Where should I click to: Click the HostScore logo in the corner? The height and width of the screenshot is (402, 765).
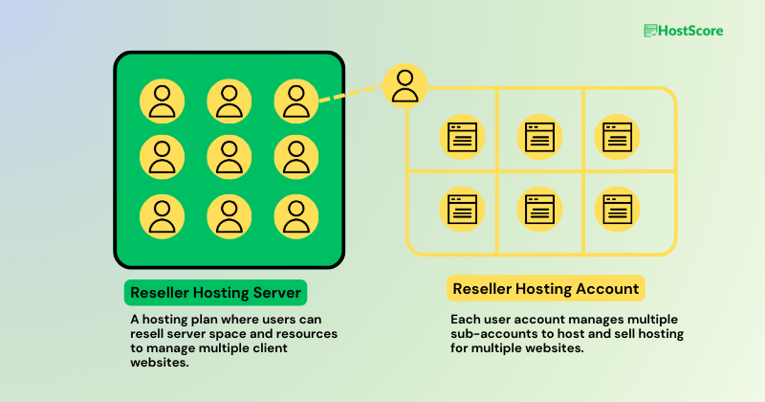[x=683, y=31]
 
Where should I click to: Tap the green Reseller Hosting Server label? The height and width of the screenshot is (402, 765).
[x=215, y=292]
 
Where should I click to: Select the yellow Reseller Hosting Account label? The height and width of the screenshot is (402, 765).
[x=546, y=289]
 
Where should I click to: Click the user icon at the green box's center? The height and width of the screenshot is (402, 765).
[x=229, y=157]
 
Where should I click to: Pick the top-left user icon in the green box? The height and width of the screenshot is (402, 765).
[x=163, y=100]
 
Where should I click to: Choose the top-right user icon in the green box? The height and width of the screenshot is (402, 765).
[x=295, y=100]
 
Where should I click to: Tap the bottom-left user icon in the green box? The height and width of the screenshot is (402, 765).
[x=163, y=215]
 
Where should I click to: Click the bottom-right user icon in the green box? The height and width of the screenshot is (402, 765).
[x=295, y=215]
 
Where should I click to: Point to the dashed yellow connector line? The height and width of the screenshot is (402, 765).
[x=349, y=94]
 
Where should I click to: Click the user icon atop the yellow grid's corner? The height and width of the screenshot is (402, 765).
[x=404, y=86]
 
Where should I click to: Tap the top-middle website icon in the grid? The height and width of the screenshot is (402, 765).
[x=540, y=136]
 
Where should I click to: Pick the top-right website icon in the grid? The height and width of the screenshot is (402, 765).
[x=617, y=136]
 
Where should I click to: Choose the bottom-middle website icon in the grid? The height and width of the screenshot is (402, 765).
[x=540, y=208]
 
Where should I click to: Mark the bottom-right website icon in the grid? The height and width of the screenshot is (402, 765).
[x=617, y=208]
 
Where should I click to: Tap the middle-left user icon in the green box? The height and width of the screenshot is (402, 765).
[x=163, y=157]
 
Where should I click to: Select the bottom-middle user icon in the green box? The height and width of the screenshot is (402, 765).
[x=229, y=215]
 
